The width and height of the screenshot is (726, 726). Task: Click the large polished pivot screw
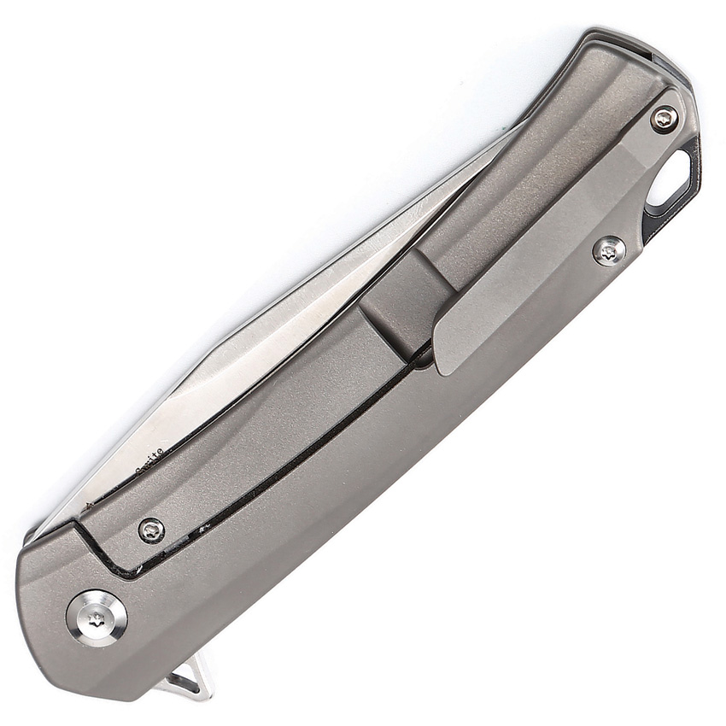pyautogui.click(x=97, y=618)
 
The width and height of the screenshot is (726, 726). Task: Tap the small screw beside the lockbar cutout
pyautogui.click(x=151, y=530)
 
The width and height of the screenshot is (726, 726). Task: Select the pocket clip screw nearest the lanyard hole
pyautogui.click(x=665, y=119)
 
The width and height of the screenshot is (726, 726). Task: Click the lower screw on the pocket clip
pyautogui.click(x=608, y=250)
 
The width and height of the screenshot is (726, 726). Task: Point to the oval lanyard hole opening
pyautogui.click(x=671, y=179)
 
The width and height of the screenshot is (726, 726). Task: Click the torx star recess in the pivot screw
pyautogui.click(x=97, y=619)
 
